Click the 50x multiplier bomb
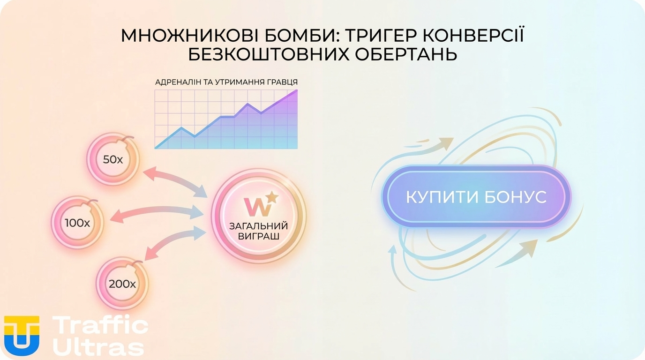pyautogui.click(x=113, y=159)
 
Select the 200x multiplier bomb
pyautogui.click(x=122, y=283)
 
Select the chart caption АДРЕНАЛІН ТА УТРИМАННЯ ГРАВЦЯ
pyautogui.click(x=226, y=82)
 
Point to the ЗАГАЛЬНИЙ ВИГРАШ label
pyautogui.click(x=258, y=231)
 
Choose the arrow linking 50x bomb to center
pyautogui.click(x=175, y=182)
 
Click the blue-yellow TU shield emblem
pyautogui.click(x=22, y=335)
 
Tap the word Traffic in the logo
pyautogui.click(x=100, y=325)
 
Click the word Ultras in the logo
pyautogui.click(x=98, y=347)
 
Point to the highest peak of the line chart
pyautogui.click(x=296, y=91)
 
